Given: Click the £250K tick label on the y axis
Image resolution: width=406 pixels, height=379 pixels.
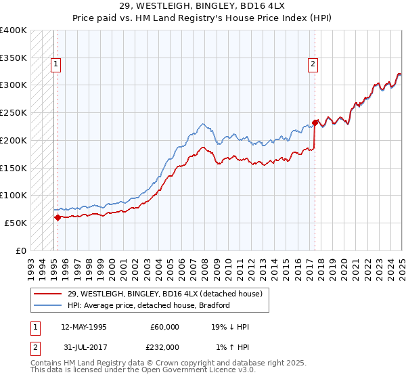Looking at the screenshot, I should coord(13,112).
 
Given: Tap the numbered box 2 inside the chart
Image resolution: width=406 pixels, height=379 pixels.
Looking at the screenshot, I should coord(313,65).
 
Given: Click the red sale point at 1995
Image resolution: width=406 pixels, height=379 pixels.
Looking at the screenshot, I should coord(58,217).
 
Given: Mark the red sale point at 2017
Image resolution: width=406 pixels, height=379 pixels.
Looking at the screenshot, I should coord(315,122).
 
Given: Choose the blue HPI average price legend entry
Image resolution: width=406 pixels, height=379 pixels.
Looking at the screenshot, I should coord(149,305).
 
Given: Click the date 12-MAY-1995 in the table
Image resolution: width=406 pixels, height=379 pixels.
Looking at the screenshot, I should coord(84,327).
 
